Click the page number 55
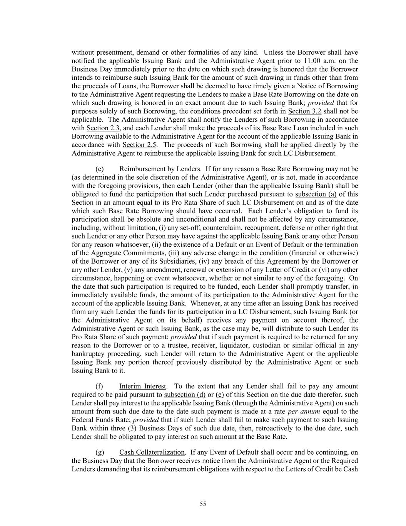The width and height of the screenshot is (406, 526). [203, 504]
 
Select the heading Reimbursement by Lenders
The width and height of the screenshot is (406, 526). [160, 169]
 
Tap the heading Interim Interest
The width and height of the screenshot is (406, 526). [143, 386]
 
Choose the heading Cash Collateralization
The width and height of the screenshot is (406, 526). [152, 452]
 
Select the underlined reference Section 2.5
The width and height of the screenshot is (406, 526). [139, 145]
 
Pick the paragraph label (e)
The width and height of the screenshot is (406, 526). [99, 169]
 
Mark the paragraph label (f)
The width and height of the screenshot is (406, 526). [99, 386]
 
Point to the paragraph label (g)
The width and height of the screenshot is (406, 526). [99, 452]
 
